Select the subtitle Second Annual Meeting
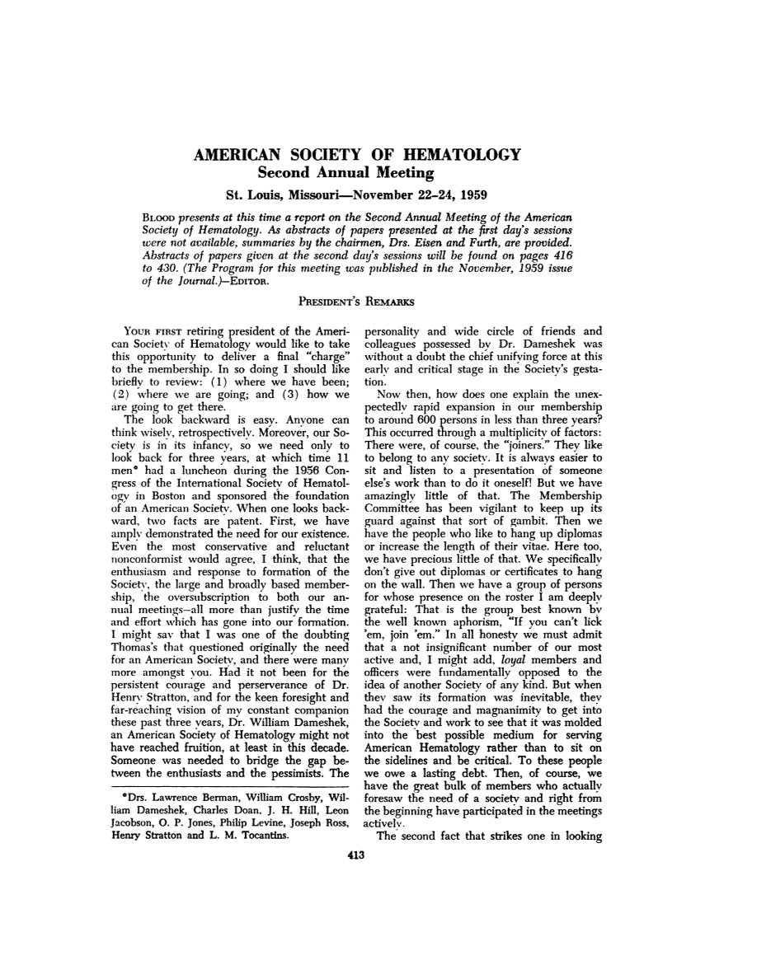[x=346, y=173]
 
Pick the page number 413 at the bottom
[x=356, y=855]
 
